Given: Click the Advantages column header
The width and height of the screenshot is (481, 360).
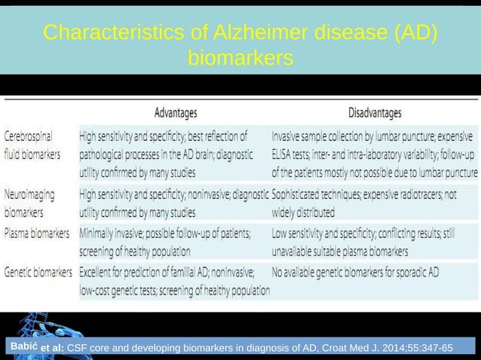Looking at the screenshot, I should (176, 113).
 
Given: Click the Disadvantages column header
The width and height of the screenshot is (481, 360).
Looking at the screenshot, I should (374, 113).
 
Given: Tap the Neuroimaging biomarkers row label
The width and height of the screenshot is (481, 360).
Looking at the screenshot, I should (29, 203).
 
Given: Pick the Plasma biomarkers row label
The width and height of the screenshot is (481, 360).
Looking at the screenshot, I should (38, 234).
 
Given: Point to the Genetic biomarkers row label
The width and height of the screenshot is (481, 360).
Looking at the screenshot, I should (38, 271).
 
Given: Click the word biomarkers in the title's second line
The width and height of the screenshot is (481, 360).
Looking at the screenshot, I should (240, 57).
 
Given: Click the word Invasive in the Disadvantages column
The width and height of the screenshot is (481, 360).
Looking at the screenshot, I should (290, 137).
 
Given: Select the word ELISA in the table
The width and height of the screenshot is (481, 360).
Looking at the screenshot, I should (284, 154).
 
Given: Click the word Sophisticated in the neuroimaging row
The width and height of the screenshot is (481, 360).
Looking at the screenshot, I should (299, 194).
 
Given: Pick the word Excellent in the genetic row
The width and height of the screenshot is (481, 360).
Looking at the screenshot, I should (101, 271).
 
